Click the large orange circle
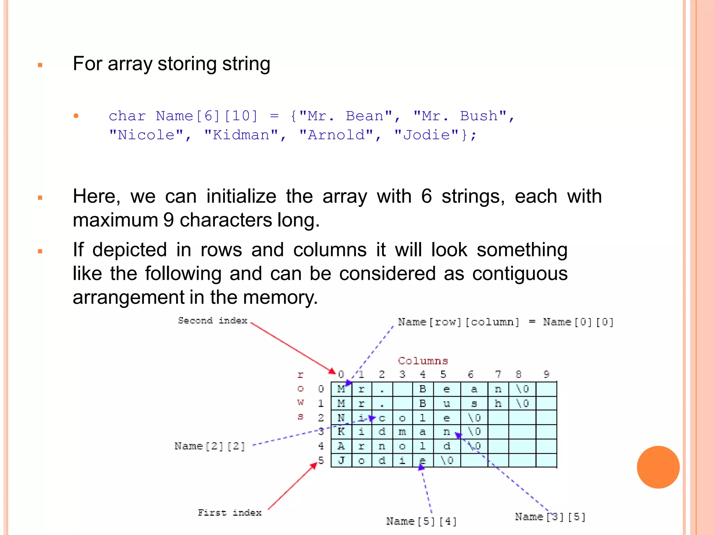click(658, 467)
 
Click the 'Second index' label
click(212, 320)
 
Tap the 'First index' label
click(229, 512)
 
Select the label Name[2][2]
click(210, 446)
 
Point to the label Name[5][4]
click(421, 521)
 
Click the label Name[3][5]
click(550, 517)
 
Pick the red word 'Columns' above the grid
click(423, 361)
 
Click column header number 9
click(546, 374)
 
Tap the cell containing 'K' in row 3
click(341, 432)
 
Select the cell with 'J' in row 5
click(341, 460)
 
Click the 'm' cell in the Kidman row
click(402, 432)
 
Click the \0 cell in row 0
click(522, 389)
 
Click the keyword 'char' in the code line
click(127, 116)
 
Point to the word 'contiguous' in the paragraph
click(520, 273)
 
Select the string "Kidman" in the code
click(241, 135)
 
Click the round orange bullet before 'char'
click(76, 116)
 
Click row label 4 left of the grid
click(321, 446)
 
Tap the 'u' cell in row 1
click(447, 403)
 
